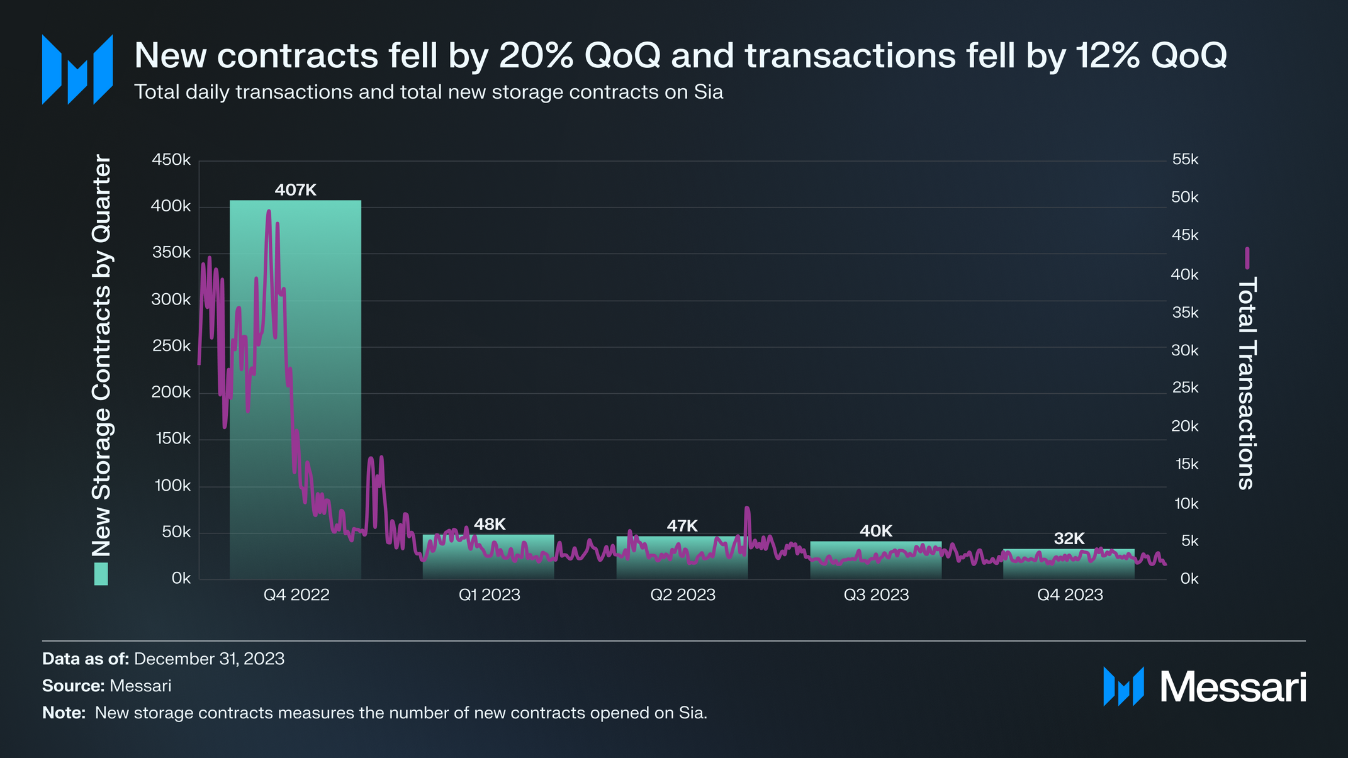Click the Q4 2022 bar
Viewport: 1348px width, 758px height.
pyautogui.click(x=295, y=390)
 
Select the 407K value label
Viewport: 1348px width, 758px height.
pyautogui.click(x=295, y=190)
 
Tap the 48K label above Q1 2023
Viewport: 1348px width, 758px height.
pyautogui.click(x=490, y=524)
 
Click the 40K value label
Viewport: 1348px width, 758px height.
pyautogui.click(x=875, y=531)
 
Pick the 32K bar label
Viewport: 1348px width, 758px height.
pyautogui.click(x=1069, y=538)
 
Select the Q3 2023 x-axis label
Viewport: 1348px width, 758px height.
pyautogui.click(x=876, y=595)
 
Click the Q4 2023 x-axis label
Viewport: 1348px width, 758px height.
pyautogui.click(x=1070, y=595)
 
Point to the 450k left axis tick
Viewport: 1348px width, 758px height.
pyautogui.click(x=171, y=160)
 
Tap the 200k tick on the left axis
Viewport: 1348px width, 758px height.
pyautogui.click(x=171, y=393)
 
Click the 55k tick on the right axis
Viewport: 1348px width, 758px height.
pyautogui.click(x=1185, y=160)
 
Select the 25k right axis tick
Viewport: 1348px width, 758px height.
pyautogui.click(x=1185, y=388)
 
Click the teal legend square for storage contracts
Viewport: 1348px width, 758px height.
pyautogui.click(x=101, y=574)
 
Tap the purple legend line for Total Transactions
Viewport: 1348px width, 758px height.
pyautogui.click(x=1247, y=258)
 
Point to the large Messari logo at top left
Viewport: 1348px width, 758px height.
pyautogui.click(x=77, y=69)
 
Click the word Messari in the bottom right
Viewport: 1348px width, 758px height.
pyautogui.click(x=1233, y=687)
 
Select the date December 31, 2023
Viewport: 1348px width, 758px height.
pyautogui.click(x=209, y=659)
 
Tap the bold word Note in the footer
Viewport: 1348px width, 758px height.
pyautogui.click(x=64, y=713)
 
